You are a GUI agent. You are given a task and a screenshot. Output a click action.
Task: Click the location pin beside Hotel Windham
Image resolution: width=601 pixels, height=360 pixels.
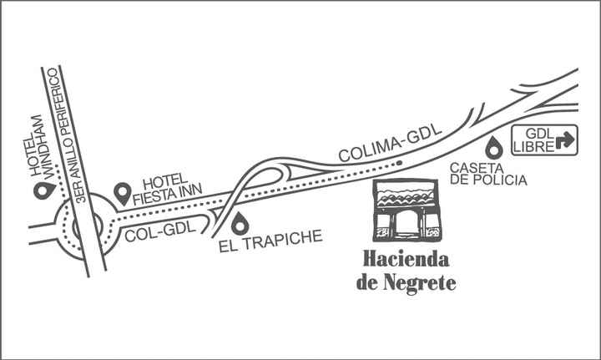(x=44, y=190)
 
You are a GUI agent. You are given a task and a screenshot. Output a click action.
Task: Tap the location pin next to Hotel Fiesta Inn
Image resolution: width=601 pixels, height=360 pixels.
(x=123, y=193)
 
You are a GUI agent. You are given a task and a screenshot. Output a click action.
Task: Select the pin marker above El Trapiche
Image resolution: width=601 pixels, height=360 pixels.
(x=240, y=223)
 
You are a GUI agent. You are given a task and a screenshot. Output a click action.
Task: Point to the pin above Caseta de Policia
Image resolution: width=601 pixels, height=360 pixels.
(x=493, y=148)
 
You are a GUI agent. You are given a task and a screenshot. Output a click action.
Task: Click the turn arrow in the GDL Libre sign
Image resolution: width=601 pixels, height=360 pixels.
(x=565, y=140)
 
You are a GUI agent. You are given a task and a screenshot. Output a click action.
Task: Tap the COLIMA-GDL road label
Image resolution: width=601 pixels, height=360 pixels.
(x=390, y=144)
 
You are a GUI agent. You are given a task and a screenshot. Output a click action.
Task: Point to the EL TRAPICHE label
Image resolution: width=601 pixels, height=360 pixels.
(x=270, y=241)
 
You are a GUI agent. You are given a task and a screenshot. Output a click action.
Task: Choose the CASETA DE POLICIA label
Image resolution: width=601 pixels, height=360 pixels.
(x=488, y=174)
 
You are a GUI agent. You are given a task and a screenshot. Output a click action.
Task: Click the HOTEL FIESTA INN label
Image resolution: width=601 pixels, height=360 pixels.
(x=167, y=190)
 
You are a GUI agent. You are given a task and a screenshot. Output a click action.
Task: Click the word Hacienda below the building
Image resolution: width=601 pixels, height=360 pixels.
(x=407, y=259)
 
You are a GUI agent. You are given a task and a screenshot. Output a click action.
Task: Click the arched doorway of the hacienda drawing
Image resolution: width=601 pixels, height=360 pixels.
(x=407, y=224)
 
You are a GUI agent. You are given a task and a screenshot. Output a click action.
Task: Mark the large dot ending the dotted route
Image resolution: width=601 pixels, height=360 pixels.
(x=399, y=163)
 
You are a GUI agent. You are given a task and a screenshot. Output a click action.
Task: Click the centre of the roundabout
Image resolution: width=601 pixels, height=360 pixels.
(x=88, y=226)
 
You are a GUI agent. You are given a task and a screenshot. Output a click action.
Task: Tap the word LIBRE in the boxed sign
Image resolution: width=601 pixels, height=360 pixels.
(x=534, y=146)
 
